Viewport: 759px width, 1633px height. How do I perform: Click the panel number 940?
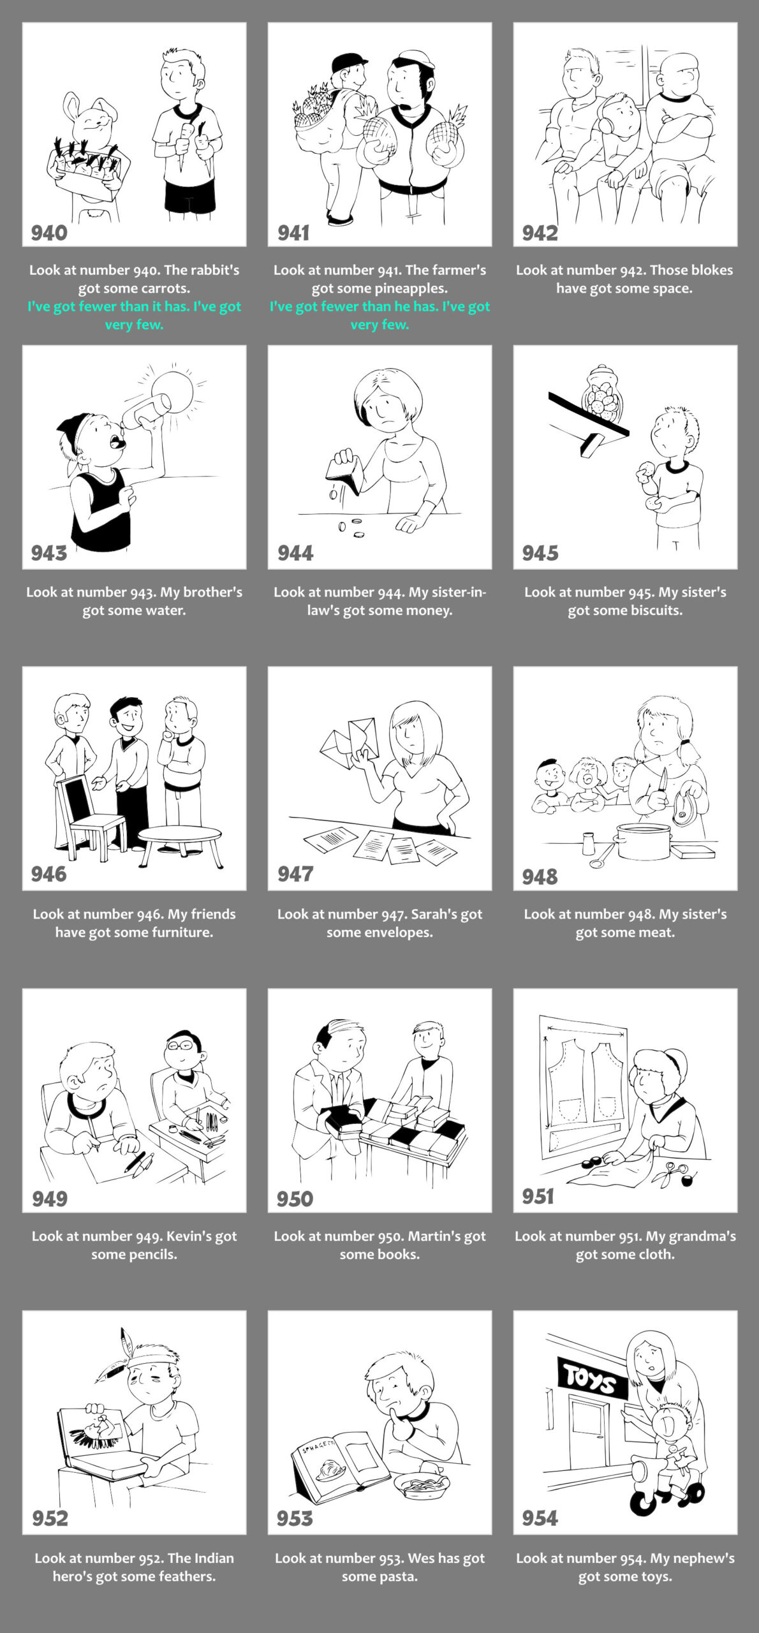point(49,233)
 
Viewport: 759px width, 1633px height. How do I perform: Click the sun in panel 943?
point(172,391)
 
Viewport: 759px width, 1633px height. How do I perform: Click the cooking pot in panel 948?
point(644,840)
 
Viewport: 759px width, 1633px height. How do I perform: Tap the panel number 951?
point(538,1196)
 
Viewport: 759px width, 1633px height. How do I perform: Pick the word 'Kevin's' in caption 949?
point(188,1236)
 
